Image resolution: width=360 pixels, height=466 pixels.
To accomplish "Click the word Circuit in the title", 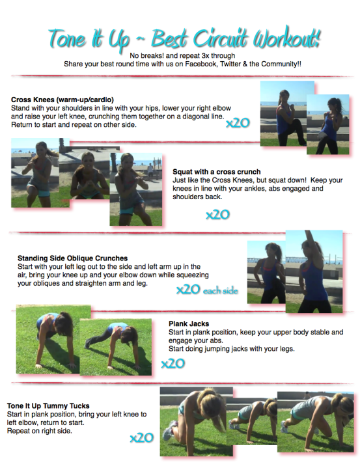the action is point(220,38).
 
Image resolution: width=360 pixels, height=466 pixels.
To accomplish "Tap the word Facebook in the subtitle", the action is point(201,64).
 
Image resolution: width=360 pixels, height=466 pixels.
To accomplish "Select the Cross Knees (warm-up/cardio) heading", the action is point(62,100).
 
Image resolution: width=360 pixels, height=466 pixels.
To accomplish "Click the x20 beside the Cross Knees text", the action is point(238,122).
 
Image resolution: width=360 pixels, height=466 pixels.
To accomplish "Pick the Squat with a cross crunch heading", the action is point(216,172).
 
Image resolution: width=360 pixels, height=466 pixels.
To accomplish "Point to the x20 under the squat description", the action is point(217,214).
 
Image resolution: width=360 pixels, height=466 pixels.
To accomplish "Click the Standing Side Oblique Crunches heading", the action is point(72,258).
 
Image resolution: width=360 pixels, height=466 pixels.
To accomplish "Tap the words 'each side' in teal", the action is point(220,290).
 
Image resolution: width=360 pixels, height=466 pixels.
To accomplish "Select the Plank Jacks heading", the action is point(189,323).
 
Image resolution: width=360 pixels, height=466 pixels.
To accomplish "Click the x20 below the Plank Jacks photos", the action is point(173,363).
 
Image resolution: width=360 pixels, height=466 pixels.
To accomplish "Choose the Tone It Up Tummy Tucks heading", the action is point(48,405).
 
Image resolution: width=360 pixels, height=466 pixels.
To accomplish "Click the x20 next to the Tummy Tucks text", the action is point(141,437).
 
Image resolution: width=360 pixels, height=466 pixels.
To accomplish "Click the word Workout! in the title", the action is point(286,38).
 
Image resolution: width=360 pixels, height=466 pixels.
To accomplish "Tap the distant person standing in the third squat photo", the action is point(151,171).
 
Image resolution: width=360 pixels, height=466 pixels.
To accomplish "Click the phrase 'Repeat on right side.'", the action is point(40,431).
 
